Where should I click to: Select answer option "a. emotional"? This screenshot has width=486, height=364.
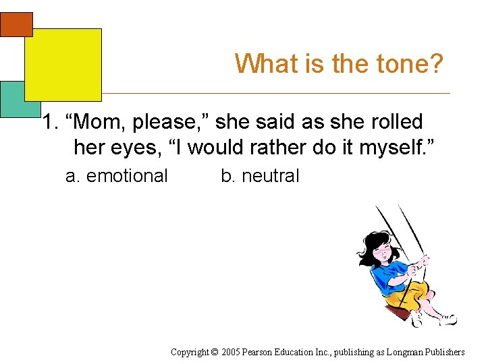[x=116, y=176]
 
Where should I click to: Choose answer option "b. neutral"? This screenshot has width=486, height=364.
[x=260, y=176]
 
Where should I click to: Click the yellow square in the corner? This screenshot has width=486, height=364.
[x=63, y=64]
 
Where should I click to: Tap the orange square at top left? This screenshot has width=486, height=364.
[x=16, y=24]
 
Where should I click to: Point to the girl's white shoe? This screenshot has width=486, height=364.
[x=447, y=319]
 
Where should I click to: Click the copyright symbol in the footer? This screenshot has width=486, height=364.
[x=215, y=352]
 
